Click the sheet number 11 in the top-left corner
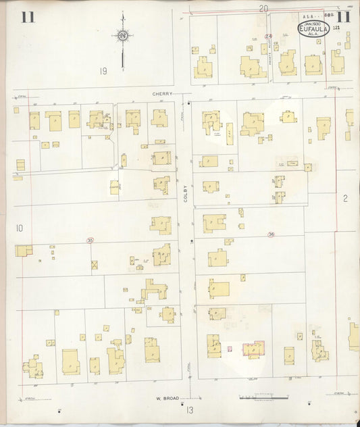(x=28, y=17)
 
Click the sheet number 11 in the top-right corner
(x=343, y=18)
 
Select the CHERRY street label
(x=162, y=94)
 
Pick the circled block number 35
(x=90, y=240)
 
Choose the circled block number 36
(x=271, y=234)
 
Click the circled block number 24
(x=268, y=36)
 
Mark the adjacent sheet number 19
(x=103, y=71)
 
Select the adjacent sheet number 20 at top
(x=263, y=8)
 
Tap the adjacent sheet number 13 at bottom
(x=190, y=410)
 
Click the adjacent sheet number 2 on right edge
(x=344, y=198)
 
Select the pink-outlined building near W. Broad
(x=253, y=349)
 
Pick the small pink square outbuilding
(x=230, y=349)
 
